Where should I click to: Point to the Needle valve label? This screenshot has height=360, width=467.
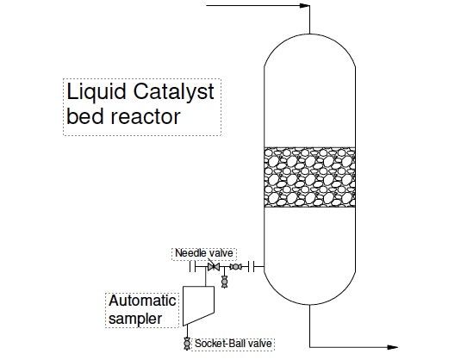(x=204, y=253)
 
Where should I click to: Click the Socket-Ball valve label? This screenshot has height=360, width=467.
(x=233, y=344)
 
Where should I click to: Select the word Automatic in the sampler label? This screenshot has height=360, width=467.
(x=142, y=301)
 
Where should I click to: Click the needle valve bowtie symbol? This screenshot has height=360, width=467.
(x=212, y=267)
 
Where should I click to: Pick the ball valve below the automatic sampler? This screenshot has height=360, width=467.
(x=186, y=344)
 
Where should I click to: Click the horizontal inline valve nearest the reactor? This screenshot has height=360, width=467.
(x=235, y=267)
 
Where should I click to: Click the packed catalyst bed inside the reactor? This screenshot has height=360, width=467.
(x=308, y=177)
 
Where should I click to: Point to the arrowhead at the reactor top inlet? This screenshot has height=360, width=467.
(x=304, y=6)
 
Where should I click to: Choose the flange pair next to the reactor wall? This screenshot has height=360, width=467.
(x=251, y=267)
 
